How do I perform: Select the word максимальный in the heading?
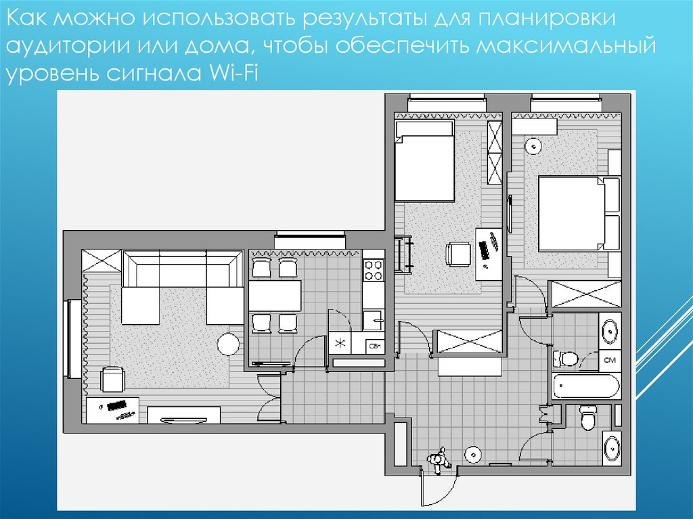(x=566, y=46)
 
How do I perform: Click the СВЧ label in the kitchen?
(x=374, y=346)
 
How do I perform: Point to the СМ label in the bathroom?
(x=610, y=360)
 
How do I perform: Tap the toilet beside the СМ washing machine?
(x=565, y=358)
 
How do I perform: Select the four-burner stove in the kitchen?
(x=374, y=270)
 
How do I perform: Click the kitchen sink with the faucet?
(x=374, y=320)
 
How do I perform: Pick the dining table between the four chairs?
(x=275, y=295)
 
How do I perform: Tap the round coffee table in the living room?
(x=229, y=344)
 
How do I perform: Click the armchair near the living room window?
(x=113, y=380)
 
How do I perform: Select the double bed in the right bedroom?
(x=579, y=215)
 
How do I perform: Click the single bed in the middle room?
(x=425, y=161)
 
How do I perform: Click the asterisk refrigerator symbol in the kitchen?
(x=340, y=343)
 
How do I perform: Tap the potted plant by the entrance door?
(x=439, y=459)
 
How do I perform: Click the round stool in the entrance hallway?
(x=473, y=454)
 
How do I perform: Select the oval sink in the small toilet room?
(x=612, y=448)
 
